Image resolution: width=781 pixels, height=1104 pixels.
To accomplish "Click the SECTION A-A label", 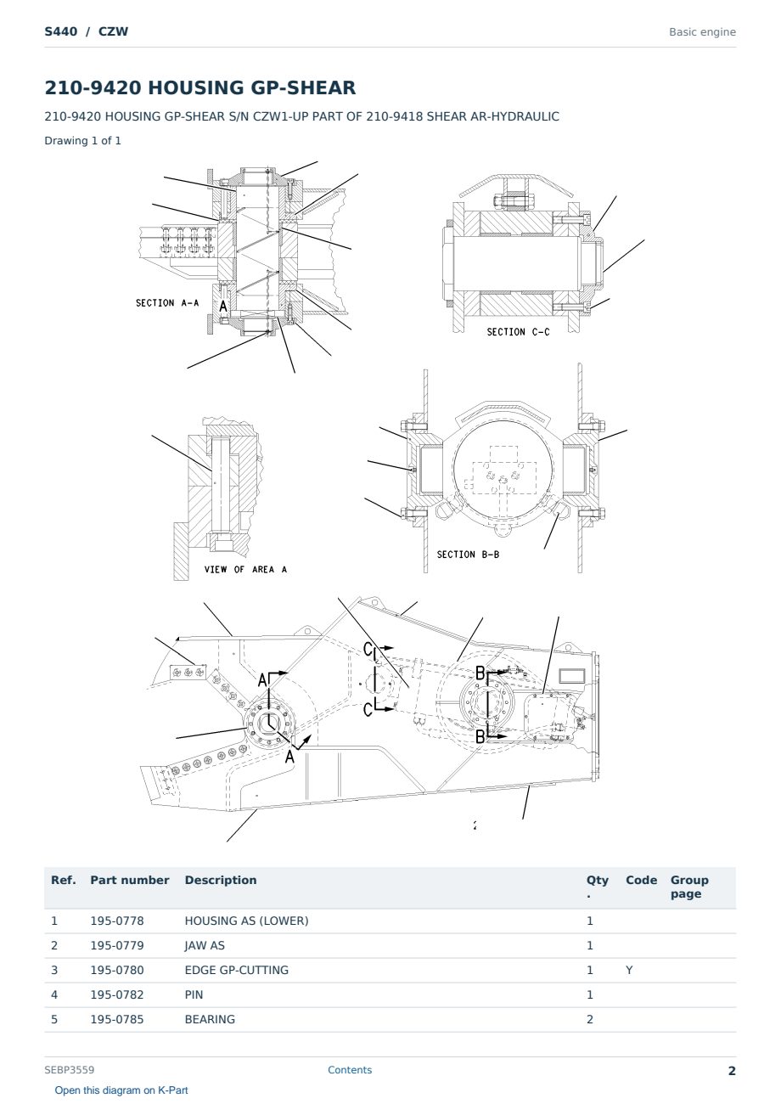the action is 167,302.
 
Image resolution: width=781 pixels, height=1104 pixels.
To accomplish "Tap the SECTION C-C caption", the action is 518,332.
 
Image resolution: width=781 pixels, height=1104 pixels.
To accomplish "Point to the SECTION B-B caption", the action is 468,555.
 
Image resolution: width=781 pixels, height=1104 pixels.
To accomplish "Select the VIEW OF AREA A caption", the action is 245,569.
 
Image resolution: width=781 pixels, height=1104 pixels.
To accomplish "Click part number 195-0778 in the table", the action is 117,921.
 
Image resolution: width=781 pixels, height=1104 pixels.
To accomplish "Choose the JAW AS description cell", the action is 205,945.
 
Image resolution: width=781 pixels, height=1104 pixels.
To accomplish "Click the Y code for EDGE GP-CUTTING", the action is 629,970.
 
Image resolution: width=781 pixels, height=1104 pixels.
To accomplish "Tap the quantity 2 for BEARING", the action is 590,1019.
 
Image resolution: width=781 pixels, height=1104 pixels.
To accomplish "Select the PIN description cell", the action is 194,994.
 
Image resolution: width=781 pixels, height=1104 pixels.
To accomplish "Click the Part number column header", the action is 130,881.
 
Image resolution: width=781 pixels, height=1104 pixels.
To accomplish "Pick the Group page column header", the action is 689,887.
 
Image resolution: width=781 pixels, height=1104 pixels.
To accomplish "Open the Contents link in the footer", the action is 350,1070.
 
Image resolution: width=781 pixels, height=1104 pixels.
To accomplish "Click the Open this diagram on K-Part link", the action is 121,1090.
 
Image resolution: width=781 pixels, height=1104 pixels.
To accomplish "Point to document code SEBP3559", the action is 70,1070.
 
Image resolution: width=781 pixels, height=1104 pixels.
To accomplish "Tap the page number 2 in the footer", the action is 732,1071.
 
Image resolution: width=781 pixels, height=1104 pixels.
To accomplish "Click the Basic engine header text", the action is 702,32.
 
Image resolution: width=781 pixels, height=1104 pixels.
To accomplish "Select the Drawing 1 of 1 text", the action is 83,140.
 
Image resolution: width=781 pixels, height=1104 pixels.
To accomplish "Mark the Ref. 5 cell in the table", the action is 54,1019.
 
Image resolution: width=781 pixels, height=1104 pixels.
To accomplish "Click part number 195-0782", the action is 117,994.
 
